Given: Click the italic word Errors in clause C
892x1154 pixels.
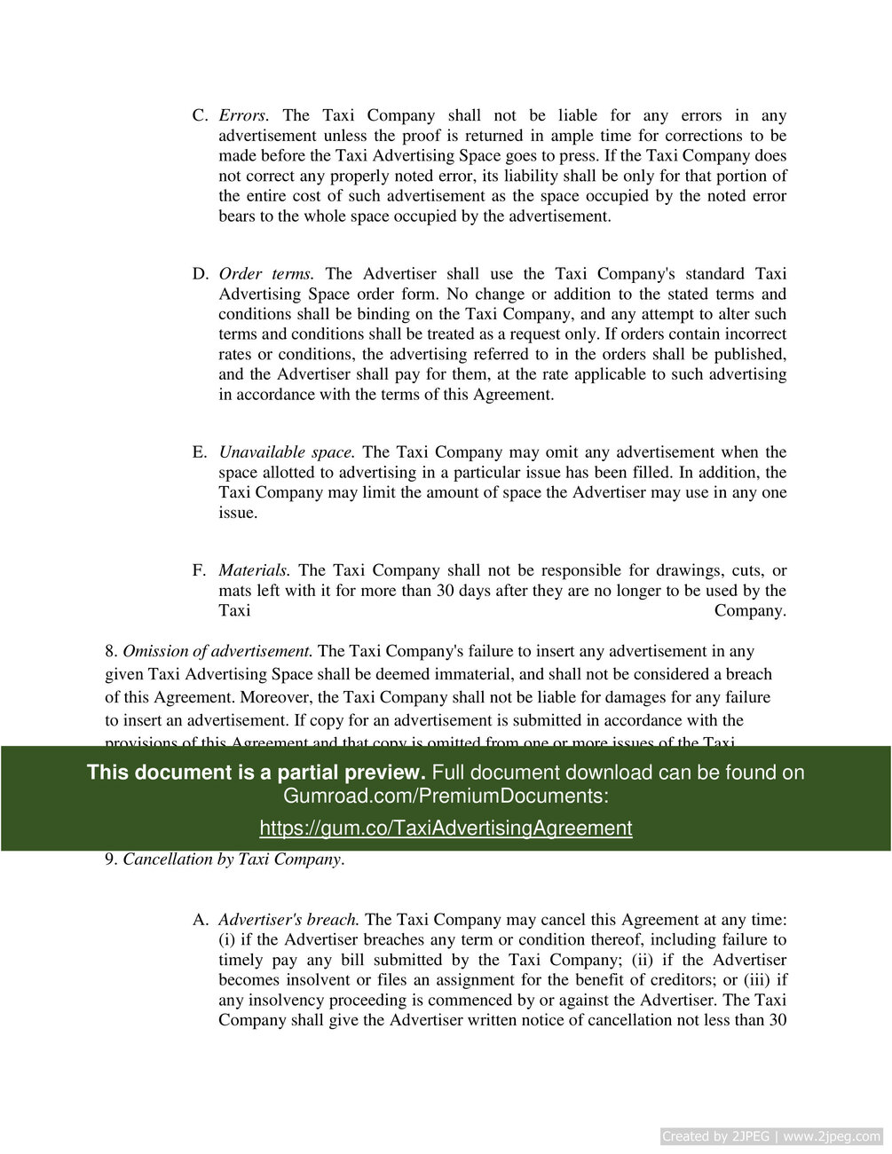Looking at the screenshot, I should click(x=242, y=115).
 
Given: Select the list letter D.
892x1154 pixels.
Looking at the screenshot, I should click(x=200, y=274).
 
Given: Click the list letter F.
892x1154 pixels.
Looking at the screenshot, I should click(x=199, y=570).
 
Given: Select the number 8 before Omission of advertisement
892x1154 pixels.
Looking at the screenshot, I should click(x=110, y=651).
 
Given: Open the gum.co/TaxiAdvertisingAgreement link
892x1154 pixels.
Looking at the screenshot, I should click(x=446, y=828).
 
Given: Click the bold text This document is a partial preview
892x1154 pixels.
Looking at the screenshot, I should click(x=256, y=773).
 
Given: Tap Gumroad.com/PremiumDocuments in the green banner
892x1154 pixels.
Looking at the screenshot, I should click(x=444, y=796).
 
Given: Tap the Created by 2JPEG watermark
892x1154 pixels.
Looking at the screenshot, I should click(x=771, y=1136).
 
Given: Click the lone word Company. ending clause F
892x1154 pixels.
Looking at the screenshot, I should click(x=750, y=611).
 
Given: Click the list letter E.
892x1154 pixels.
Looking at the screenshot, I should click(x=199, y=452).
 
